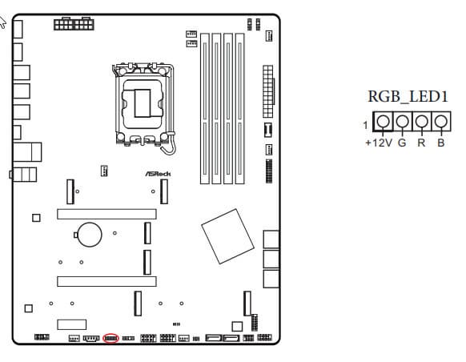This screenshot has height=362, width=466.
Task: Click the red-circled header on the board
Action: (x=110, y=338)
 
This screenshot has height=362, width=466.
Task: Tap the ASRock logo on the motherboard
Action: (x=158, y=174)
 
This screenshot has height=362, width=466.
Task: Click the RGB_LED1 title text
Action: (x=408, y=96)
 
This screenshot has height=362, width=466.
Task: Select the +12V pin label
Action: (x=379, y=143)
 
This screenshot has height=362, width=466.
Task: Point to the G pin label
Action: (x=402, y=143)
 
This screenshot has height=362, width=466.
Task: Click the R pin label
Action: (x=421, y=143)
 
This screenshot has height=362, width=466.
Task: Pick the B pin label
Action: (x=441, y=143)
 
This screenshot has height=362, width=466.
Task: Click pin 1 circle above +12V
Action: (x=383, y=121)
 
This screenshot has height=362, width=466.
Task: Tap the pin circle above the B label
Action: (x=441, y=121)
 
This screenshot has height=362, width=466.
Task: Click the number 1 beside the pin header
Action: (x=366, y=126)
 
